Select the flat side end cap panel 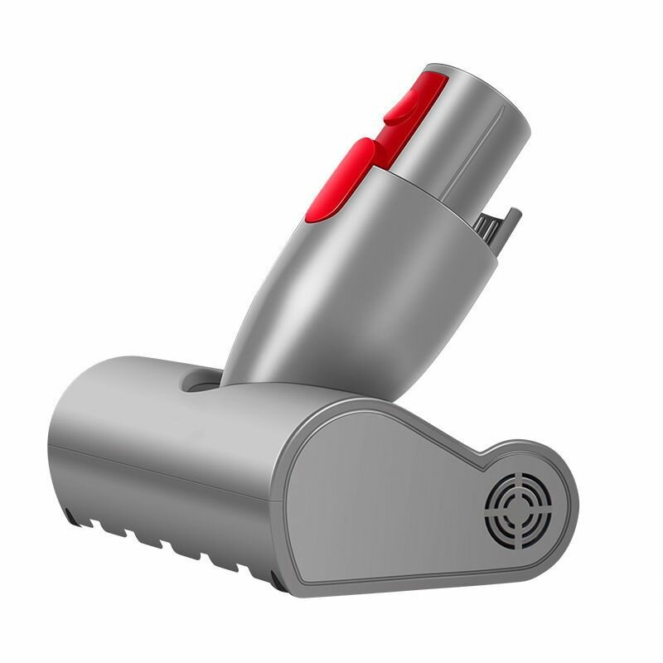(x=398, y=497)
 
